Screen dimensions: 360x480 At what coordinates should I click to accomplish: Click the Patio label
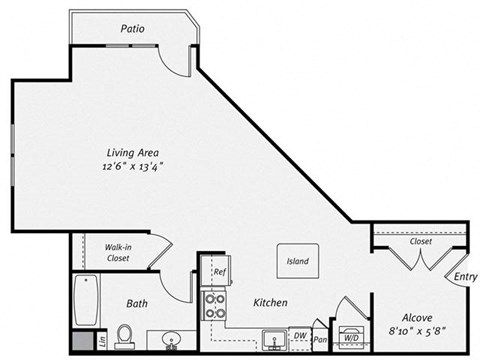[132, 29]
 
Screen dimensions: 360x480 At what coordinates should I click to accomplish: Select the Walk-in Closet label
[125, 252]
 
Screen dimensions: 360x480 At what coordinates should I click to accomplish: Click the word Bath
[137, 302]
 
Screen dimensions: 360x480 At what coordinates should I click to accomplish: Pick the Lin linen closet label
[103, 343]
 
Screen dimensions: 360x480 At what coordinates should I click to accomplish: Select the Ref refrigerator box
[217, 272]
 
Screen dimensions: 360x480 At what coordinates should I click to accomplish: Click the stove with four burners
[215, 305]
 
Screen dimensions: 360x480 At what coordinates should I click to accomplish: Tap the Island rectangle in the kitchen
[297, 262]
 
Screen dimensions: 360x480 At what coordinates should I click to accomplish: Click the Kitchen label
[270, 302]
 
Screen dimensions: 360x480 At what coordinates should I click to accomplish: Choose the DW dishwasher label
[299, 336]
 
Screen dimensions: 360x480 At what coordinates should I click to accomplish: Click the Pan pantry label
[320, 340]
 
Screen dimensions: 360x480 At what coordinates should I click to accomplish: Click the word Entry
[465, 277]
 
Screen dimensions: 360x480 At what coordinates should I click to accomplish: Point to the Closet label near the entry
[421, 241]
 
